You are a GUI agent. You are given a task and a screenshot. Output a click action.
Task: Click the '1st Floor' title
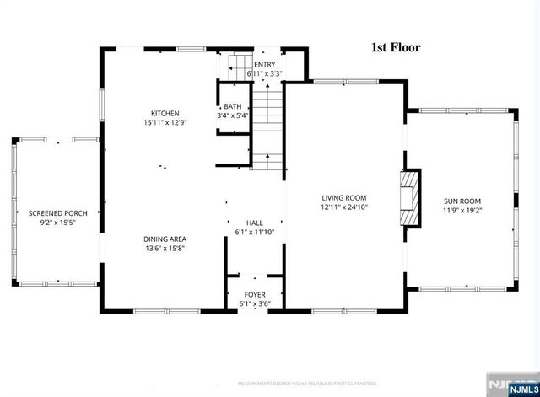click(x=396, y=48)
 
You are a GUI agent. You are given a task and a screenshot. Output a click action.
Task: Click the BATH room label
click(x=232, y=106)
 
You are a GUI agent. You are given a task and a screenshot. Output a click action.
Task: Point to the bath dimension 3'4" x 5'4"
click(x=232, y=115)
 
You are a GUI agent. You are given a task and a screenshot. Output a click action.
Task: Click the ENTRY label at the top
click(x=264, y=65)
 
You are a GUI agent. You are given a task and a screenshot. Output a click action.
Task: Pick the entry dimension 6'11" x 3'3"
click(x=264, y=74)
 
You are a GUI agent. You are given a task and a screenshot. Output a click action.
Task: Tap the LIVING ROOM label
click(x=344, y=197)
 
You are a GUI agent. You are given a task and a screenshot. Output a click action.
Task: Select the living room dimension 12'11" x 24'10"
click(x=344, y=207)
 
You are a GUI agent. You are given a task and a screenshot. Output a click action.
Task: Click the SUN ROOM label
click(x=462, y=201)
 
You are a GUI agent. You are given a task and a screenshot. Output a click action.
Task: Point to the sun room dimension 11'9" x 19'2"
click(x=462, y=211)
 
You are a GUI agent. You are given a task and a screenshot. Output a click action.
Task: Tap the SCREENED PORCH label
click(x=58, y=213)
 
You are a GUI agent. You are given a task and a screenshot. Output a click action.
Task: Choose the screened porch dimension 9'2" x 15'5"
click(x=58, y=223)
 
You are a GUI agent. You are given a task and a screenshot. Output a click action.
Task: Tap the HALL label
click(x=254, y=223)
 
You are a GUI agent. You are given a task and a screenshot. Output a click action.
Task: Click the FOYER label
click(x=254, y=294)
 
